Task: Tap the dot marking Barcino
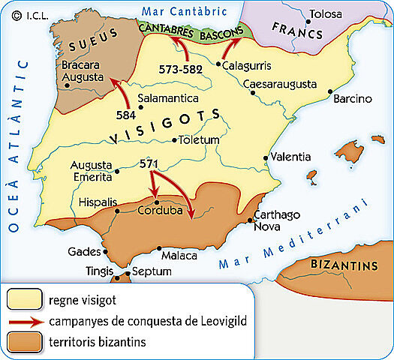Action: pyautogui.click(x=331, y=91)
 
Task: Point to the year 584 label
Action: pyautogui.click(x=127, y=116)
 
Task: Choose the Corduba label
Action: pyautogui.click(x=160, y=211)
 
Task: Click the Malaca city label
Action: pyautogui.click(x=179, y=256)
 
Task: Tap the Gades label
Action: pyautogui.click(x=83, y=251)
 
